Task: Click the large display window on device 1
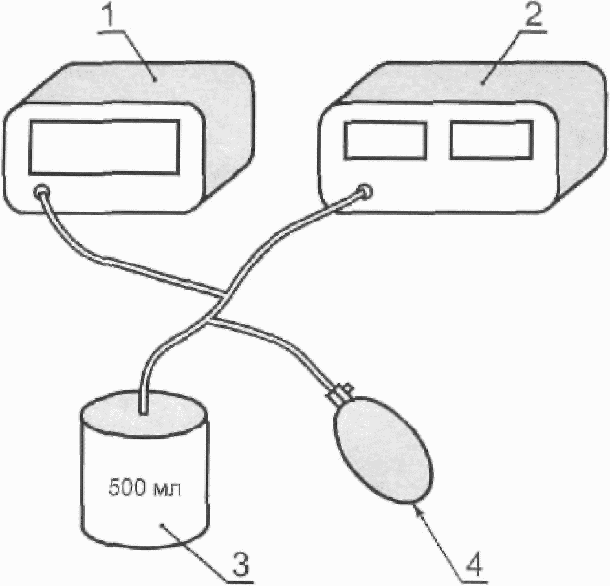coord(103,147)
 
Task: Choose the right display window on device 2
coord(490,140)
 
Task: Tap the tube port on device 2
coord(364,191)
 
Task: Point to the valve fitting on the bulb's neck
coord(340,393)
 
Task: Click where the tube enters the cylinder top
coord(142,409)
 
